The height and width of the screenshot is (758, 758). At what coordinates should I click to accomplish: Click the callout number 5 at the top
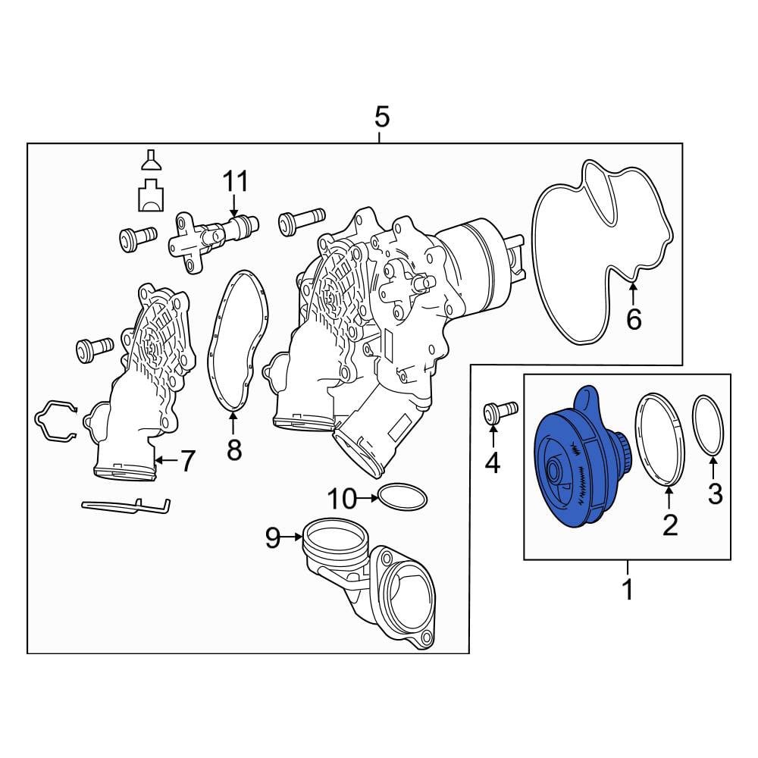point(381,117)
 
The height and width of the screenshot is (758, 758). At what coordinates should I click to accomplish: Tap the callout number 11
point(236,182)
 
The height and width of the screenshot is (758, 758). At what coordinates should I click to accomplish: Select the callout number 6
point(634,319)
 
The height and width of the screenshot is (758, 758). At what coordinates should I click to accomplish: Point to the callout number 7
point(187,461)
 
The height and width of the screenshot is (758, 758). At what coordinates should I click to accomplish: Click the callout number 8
point(234,449)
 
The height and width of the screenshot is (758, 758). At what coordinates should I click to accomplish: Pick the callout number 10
point(343,499)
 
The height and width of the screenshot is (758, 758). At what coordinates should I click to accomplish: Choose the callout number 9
point(273,537)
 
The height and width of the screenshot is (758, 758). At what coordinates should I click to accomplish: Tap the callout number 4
point(492,464)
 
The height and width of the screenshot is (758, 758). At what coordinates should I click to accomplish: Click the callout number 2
point(670,525)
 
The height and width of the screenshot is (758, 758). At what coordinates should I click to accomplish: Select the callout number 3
point(715,493)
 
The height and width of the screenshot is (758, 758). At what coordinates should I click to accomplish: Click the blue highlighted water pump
point(580,457)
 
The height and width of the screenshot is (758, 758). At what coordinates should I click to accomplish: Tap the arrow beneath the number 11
point(234,205)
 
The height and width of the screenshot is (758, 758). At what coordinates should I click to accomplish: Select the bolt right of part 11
point(302,221)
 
